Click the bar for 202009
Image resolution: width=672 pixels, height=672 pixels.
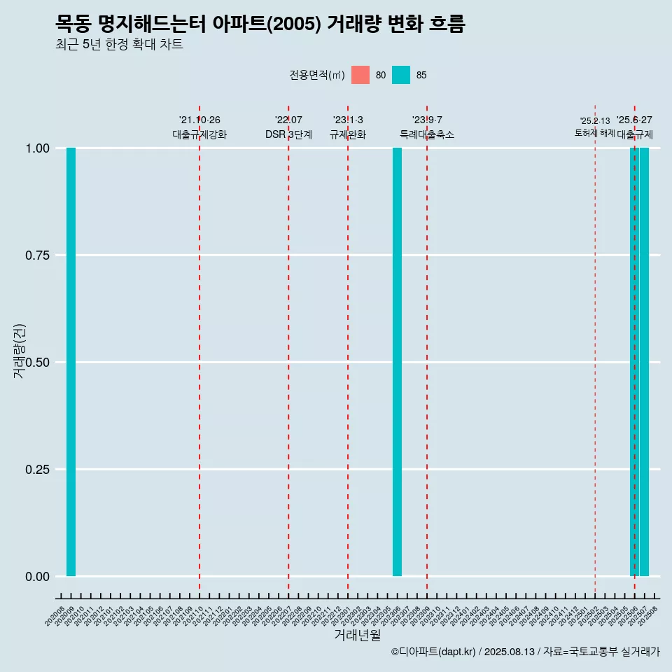pos(71,362)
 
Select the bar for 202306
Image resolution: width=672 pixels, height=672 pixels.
pos(397,362)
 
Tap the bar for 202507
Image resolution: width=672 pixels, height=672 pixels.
pos(644,362)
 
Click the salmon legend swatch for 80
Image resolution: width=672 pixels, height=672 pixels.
pos(360,75)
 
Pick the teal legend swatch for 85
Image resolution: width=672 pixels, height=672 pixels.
pos(401,75)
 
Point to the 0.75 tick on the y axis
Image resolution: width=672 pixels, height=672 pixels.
pos(36,255)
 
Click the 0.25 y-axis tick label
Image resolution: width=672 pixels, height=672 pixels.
pos(36,470)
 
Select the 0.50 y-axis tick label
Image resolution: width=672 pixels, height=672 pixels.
pos(36,363)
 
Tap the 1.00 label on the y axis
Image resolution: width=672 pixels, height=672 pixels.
pos(36,148)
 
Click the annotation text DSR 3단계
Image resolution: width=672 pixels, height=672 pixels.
pos(288,134)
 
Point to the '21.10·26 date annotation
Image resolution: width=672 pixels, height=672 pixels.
pos(199,120)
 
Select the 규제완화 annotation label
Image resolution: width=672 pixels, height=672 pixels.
pos(348,134)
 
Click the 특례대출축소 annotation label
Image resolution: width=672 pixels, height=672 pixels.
pos(427,134)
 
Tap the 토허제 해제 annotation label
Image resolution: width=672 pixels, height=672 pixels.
pos(594,132)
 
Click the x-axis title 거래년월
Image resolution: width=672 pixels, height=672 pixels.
pos(357,635)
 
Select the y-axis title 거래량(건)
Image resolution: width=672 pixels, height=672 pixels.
pos(19,350)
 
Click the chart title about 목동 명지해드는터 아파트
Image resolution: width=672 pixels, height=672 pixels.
pos(260,24)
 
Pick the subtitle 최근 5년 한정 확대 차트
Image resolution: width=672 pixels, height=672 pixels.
pos(119,45)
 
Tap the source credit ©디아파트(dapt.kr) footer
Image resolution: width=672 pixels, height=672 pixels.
pos(525,652)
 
